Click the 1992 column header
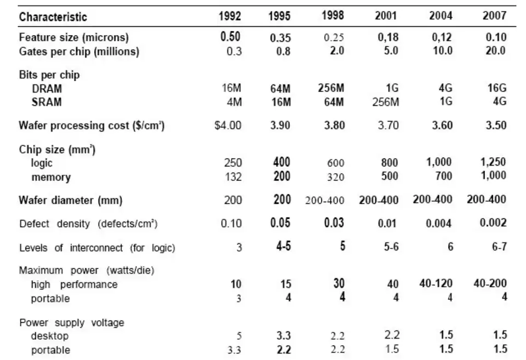click(230, 16)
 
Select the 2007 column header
click(494, 16)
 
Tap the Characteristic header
click(53, 17)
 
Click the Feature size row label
click(73, 38)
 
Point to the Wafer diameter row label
click(71, 200)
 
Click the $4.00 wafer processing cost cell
click(227, 125)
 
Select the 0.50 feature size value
click(230, 37)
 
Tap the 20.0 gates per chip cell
click(495, 51)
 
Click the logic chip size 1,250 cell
click(493, 163)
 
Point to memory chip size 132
click(233, 177)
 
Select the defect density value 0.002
click(493, 223)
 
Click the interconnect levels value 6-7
click(496, 247)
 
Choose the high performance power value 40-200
click(490, 284)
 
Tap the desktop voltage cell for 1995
click(281, 335)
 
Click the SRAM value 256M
click(386, 102)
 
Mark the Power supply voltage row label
click(71, 322)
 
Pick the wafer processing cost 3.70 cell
click(387, 125)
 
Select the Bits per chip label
click(48, 75)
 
